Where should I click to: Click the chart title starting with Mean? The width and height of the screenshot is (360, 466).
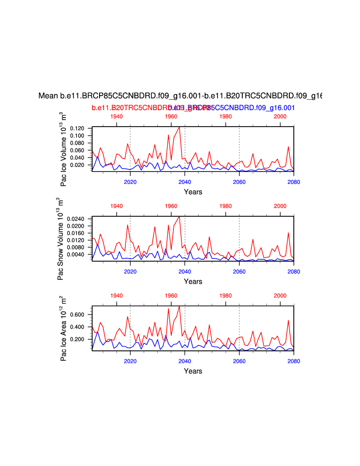coord(180,96)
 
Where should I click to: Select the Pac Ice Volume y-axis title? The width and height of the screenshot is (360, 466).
coord(63,149)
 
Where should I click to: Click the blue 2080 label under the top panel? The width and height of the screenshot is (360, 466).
coord(294,181)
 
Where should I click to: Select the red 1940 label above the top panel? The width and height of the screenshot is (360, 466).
coord(116,116)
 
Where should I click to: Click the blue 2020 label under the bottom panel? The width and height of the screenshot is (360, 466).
coord(130,361)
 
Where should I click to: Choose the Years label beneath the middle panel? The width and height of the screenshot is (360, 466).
coord(193,282)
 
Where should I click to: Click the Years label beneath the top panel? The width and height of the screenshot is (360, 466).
coord(193,192)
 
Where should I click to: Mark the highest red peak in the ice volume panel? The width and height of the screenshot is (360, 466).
coord(179,127)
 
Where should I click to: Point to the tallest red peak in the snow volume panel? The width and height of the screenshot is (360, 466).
coord(179,217)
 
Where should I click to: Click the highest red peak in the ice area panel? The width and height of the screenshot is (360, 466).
coord(179,307)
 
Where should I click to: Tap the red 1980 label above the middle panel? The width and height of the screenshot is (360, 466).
coord(226,206)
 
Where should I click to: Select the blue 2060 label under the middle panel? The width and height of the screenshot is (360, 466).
coord(239,271)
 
